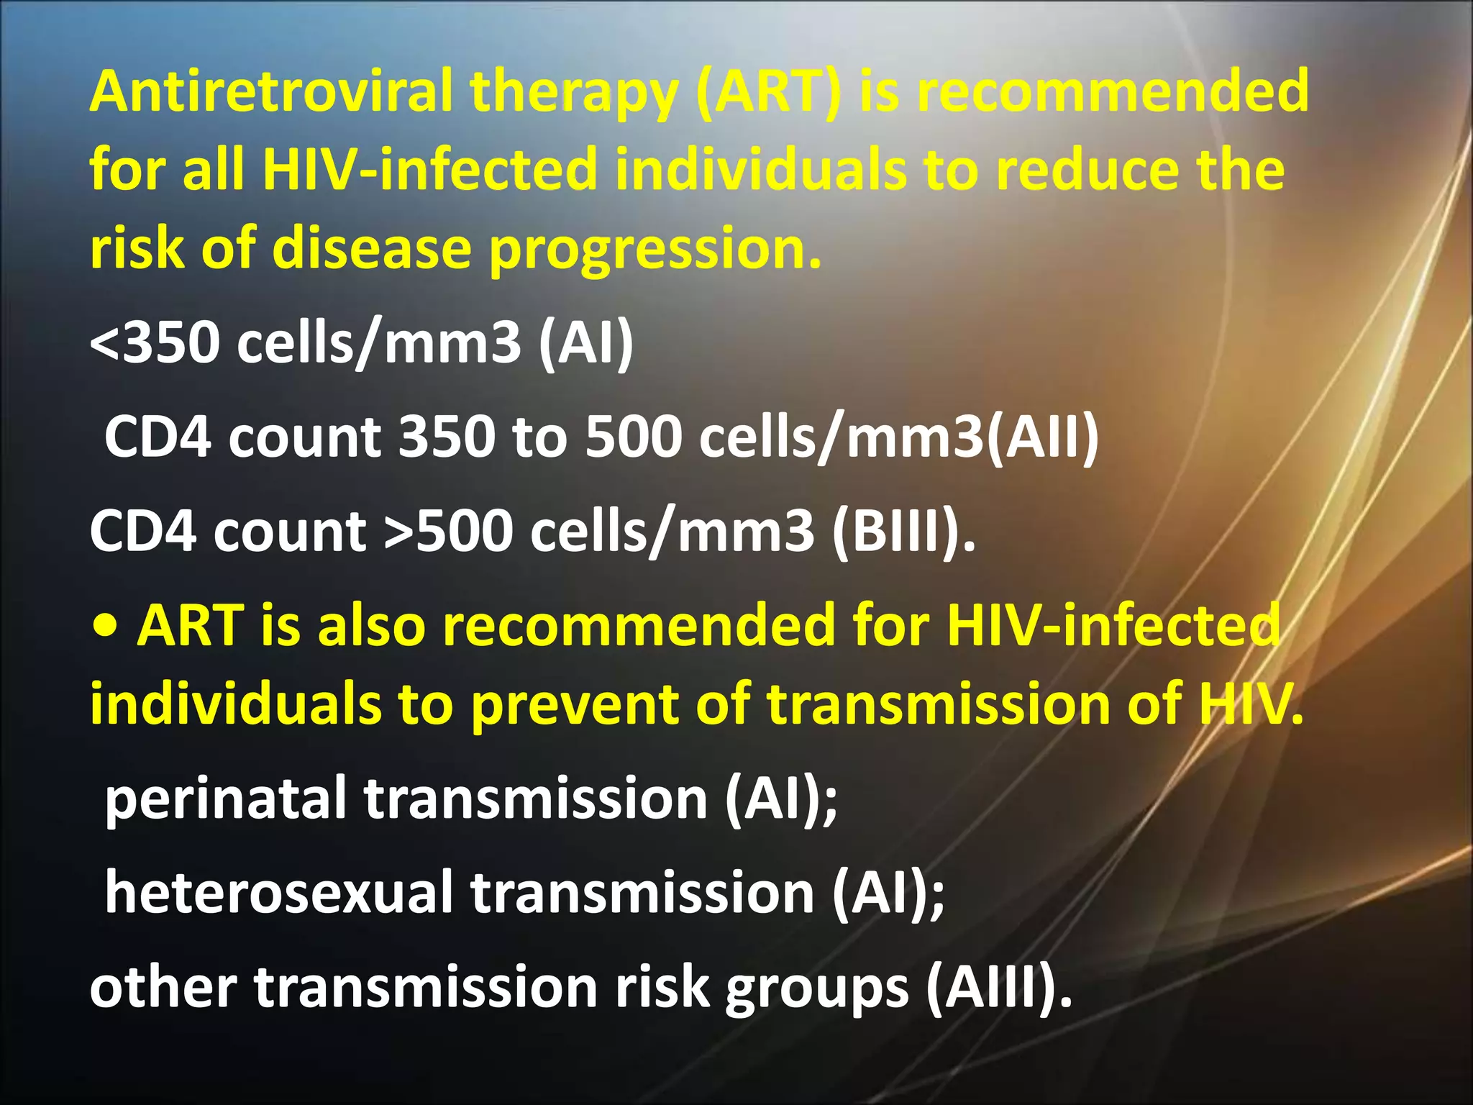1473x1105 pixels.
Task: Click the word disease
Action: tap(372, 247)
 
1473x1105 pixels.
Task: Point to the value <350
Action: tap(155, 342)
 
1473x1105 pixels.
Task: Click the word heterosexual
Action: tap(279, 893)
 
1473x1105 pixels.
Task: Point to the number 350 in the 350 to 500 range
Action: tap(447, 437)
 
